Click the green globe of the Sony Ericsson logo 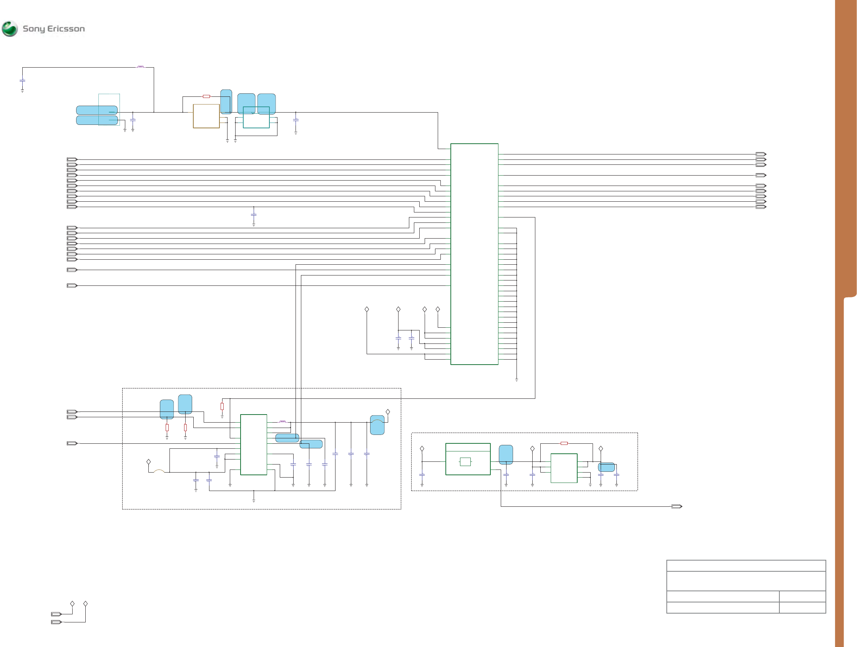click(x=10, y=29)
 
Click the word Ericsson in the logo click(x=66, y=29)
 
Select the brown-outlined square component click(x=206, y=116)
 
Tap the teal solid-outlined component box click(x=256, y=118)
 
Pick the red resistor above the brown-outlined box click(x=206, y=96)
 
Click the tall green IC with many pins click(x=474, y=254)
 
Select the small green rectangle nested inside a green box click(x=465, y=462)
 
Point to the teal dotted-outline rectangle click(x=109, y=109)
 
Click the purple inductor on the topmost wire click(x=140, y=67)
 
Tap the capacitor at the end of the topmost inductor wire click(x=22, y=81)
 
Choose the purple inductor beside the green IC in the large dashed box click(x=282, y=421)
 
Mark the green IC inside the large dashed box click(x=253, y=445)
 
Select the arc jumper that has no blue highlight click(x=159, y=471)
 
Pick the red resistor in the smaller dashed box click(x=564, y=443)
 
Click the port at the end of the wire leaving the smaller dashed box click(x=676, y=506)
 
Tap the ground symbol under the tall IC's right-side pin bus click(x=517, y=380)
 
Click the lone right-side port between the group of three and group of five click(x=761, y=175)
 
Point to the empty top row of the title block click(x=746, y=566)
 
